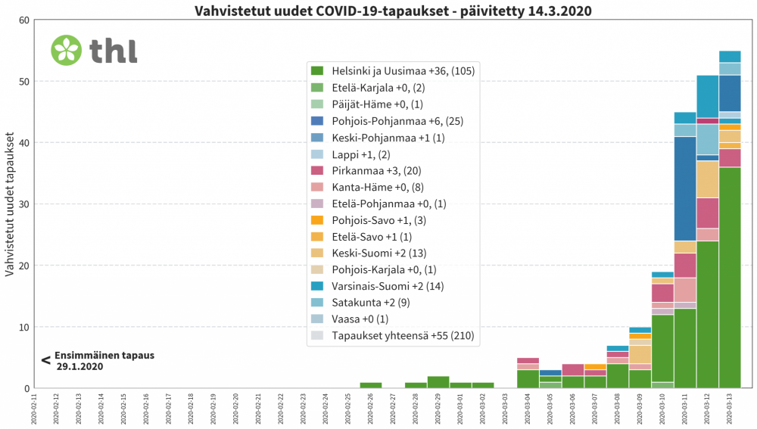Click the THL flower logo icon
[x=66, y=50]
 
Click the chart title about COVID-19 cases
[x=393, y=11]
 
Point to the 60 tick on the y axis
[x=22, y=20]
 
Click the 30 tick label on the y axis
[x=22, y=204]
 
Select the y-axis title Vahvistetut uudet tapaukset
[x=11, y=204]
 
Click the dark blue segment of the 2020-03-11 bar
[x=685, y=188]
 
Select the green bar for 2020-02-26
[x=370, y=385]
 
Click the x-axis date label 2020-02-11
[x=33, y=409]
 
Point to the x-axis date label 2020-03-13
[x=730, y=409]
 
